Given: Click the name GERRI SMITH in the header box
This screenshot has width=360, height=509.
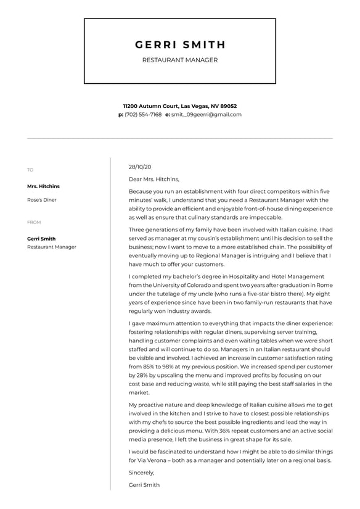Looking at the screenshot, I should [180, 45].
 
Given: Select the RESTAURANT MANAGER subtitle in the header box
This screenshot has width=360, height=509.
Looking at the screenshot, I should [180, 60].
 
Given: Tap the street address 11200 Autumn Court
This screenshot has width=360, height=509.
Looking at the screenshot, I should [150, 106].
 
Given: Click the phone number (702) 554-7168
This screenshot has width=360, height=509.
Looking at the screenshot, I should [143, 115].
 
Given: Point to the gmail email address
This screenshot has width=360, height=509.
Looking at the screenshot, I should [207, 115].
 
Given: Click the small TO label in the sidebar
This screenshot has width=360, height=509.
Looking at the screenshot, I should [30, 170].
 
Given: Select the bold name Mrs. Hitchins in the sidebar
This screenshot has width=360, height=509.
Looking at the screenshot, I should [43, 186].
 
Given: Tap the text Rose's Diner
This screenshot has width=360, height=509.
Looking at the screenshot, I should [41, 200].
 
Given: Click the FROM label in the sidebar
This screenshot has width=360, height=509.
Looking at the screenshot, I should [34, 222].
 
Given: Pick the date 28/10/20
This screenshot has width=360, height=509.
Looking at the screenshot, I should [140, 167].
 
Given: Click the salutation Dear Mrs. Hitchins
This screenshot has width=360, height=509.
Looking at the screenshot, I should [153, 180].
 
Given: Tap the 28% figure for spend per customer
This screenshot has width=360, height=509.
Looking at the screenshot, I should [142, 375].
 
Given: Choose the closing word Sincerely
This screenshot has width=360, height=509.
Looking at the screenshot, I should [141, 473].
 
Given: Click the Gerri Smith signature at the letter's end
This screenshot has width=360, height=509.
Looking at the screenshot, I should [144, 485].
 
